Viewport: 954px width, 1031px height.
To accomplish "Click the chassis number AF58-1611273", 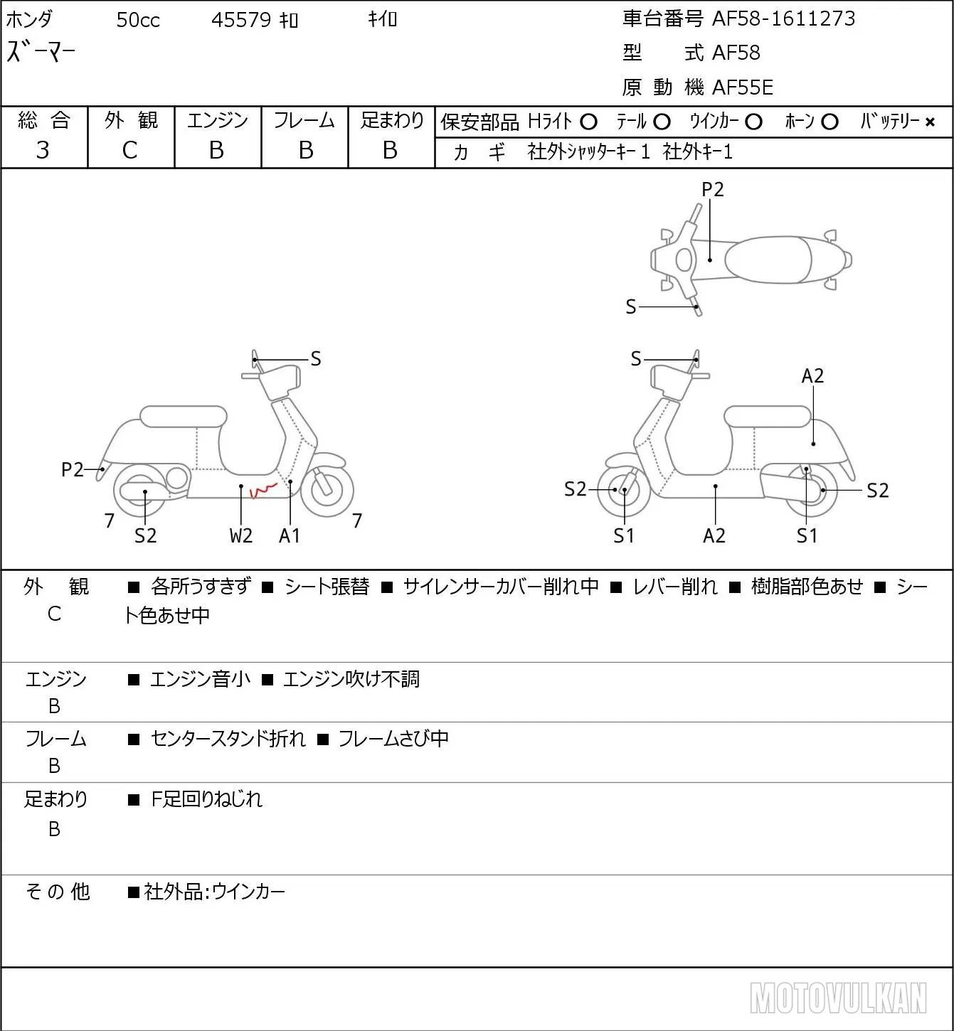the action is pyautogui.click(x=783, y=18).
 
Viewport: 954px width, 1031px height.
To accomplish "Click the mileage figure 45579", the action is pyautogui.click(x=241, y=20).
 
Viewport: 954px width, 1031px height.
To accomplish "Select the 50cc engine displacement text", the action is pyautogui.click(x=138, y=20).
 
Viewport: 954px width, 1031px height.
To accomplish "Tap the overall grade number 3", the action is pyautogui.click(x=43, y=150).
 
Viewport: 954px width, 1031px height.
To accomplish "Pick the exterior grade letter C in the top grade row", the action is pyautogui.click(x=130, y=150).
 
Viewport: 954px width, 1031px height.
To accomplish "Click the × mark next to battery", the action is pyautogui.click(x=930, y=122).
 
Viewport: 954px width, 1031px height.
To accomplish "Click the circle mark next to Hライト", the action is pyautogui.click(x=588, y=122).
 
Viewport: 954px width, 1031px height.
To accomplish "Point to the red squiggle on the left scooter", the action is pyautogui.click(x=263, y=489).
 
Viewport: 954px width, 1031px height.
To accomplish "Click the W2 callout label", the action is pyautogui.click(x=240, y=535).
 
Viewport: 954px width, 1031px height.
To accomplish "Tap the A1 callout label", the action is pyautogui.click(x=290, y=535).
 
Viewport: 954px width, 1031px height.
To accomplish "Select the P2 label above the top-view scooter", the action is pyautogui.click(x=712, y=189).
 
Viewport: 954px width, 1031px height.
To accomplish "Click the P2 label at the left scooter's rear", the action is pyautogui.click(x=73, y=469).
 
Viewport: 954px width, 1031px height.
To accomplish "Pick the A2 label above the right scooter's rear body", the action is pyautogui.click(x=812, y=375).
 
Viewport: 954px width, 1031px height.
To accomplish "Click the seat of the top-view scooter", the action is pyautogui.click(x=768, y=260).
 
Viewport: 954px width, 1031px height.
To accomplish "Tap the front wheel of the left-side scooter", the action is pyautogui.click(x=327, y=489).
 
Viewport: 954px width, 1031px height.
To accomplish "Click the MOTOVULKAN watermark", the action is pyautogui.click(x=838, y=998).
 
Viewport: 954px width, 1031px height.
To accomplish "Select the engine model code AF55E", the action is pyautogui.click(x=743, y=87).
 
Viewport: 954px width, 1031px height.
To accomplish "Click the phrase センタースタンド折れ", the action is pyautogui.click(x=228, y=738).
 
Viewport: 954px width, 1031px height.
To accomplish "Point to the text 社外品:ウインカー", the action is pyautogui.click(x=215, y=892).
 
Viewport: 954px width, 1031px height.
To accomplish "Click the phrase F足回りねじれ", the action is pyautogui.click(x=206, y=799).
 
